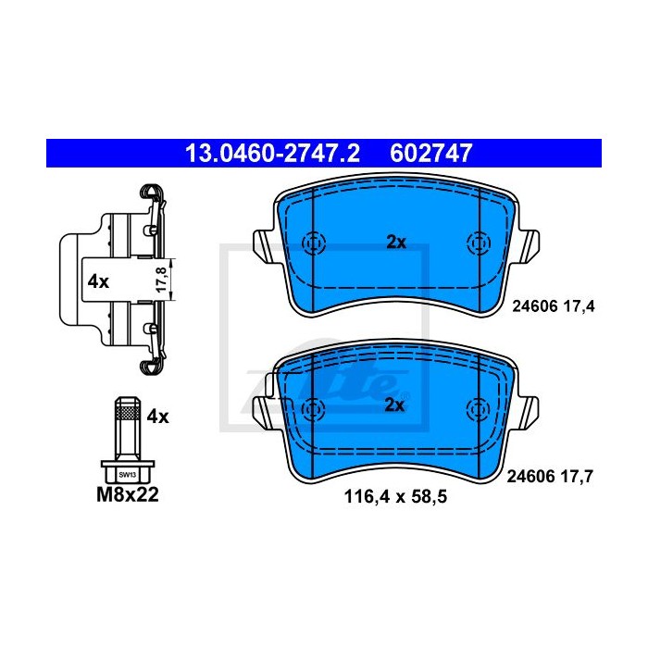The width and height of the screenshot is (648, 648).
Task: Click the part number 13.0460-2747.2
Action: click(273, 154)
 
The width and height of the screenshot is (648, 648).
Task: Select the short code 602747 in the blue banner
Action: click(430, 154)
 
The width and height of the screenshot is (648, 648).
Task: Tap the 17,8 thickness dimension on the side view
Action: click(161, 280)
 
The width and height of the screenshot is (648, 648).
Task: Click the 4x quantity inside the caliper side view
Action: click(98, 281)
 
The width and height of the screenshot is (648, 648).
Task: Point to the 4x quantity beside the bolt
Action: click(158, 417)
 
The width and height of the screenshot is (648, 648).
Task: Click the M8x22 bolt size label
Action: click(128, 494)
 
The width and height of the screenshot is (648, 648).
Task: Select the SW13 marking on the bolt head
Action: click(128, 475)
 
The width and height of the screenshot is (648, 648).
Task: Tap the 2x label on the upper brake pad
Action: click(396, 243)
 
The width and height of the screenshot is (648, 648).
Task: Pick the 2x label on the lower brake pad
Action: click(394, 405)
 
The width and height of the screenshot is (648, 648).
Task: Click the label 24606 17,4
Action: click(554, 306)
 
